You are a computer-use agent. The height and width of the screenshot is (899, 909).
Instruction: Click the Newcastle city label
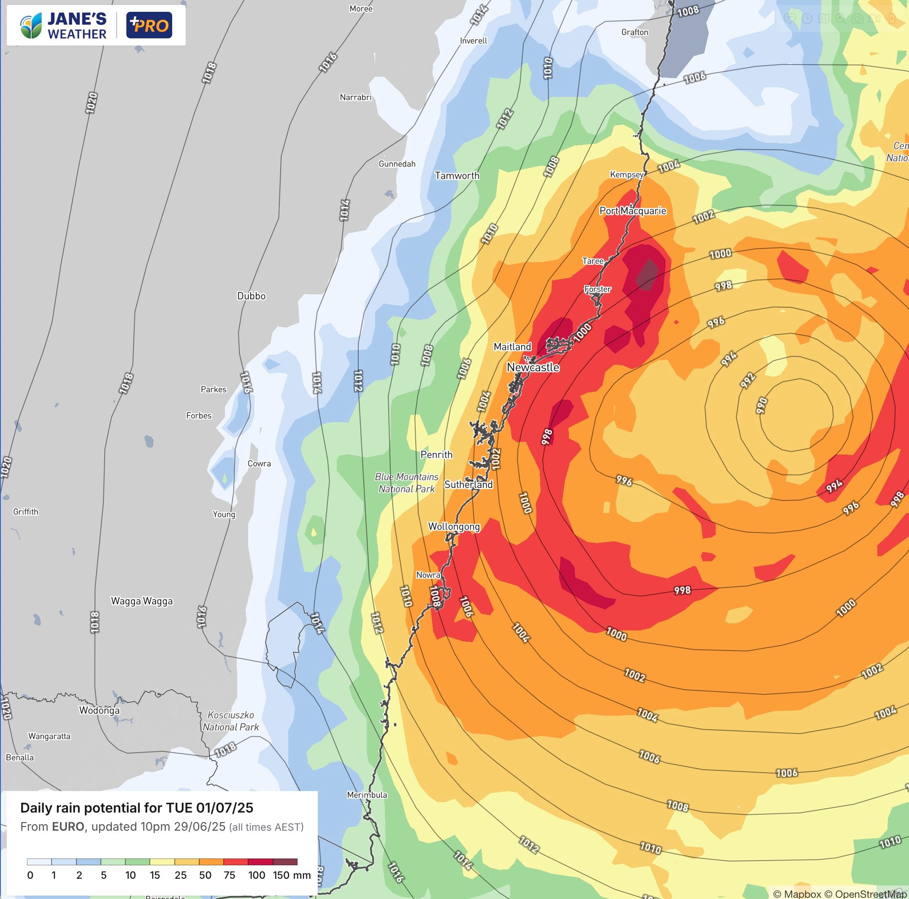(533, 367)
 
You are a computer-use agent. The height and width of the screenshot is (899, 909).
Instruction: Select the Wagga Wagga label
(142, 601)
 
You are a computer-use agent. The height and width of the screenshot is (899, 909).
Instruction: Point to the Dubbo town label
(251, 296)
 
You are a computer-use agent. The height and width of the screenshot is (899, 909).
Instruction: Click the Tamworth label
(457, 175)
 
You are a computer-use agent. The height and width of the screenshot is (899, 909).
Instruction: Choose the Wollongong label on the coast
(454, 526)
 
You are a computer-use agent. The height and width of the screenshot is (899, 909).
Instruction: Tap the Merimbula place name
(367, 794)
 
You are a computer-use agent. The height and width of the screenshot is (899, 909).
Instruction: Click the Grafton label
(635, 32)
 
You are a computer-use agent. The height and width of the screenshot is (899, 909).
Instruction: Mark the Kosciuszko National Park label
(230, 721)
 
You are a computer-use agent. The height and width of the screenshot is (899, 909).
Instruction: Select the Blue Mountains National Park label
(407, 482)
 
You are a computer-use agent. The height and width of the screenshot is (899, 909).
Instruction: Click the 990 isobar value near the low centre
(762, 405)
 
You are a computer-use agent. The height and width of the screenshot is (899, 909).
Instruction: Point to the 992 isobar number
(748, 380)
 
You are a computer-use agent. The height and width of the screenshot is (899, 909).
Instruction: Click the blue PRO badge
(149, 25)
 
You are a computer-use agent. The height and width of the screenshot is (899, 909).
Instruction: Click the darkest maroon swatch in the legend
(285, 862)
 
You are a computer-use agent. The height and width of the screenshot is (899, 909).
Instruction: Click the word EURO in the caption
(68, 826)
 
